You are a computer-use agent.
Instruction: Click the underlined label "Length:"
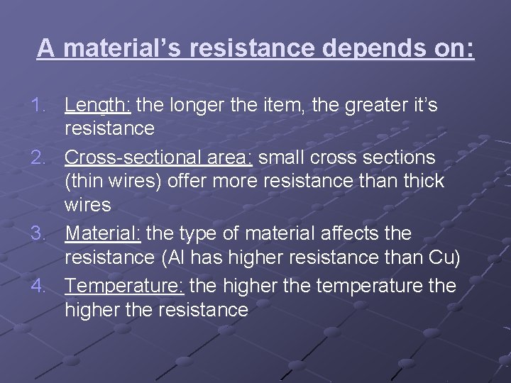click(97, 106)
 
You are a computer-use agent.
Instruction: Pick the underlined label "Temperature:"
click(125, 285)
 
